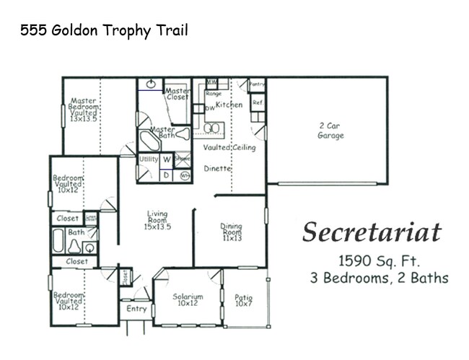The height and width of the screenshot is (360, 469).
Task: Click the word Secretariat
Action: click(372, 232)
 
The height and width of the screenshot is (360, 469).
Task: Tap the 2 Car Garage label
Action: click(331, 131)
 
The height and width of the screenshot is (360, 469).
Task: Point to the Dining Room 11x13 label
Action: click(232, 232)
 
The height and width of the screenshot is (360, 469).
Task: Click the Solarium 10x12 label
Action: click(188, 300)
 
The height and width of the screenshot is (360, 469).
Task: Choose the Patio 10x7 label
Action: click(244, 300)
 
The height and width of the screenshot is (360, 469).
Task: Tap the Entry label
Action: click(136, 309)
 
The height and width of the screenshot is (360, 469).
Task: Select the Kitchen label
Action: click(229, 105)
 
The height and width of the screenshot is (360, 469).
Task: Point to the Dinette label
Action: click(216, 168)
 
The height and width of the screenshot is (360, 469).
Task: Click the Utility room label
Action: click(149, 159)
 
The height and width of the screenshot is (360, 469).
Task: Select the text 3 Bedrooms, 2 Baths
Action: click(379, 278)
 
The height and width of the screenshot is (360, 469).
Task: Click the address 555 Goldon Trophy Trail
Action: click(104, 30)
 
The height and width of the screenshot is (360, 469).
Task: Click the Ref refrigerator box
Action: click(258, 102)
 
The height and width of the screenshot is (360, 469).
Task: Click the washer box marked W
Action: click(166, 159)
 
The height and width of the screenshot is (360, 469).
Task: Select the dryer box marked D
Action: click(165, 174)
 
